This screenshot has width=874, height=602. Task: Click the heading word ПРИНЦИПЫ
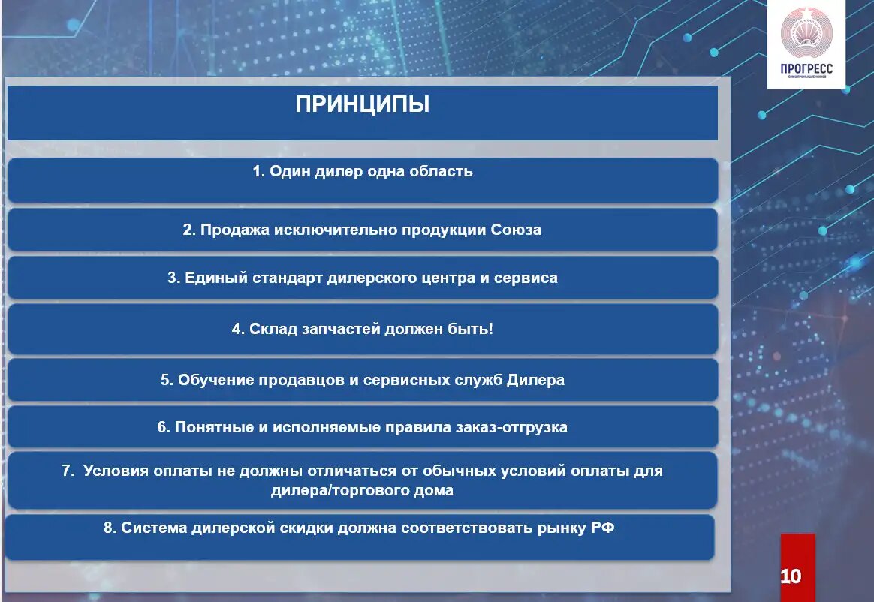363,104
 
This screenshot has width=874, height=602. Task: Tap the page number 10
791,576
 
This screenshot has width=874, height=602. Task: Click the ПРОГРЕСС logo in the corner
806,44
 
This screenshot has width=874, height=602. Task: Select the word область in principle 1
442,171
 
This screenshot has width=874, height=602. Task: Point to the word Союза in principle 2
516,230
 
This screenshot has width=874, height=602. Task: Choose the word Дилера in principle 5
535,380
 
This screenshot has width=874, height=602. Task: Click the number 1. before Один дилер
259,171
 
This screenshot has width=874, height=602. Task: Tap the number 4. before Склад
238,329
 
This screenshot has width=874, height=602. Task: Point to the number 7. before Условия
68,471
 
